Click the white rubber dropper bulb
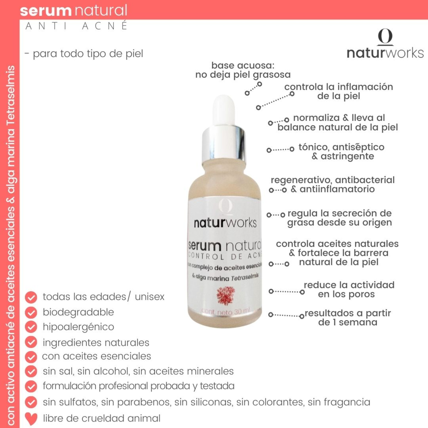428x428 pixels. tap(224, 110)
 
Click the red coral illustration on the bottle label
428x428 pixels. tap(225, 295)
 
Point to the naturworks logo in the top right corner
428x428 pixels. tap(385, 44)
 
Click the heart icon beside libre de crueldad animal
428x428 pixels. tap(31, 418)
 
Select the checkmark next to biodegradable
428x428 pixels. tap(31, 312)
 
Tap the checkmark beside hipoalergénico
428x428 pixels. tap(31, 327)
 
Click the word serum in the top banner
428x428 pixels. tap(46, 11)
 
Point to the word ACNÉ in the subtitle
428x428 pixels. tap(105, 26)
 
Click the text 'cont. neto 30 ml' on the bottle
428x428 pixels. tap(225, 311)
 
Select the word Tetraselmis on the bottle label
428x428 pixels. tap(245, 277)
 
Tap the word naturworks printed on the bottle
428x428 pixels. tap(225, 223)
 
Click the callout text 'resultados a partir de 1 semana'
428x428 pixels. tap(348, 318)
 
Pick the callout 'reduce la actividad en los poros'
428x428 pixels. tap(349, 290)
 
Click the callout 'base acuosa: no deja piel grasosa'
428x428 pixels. tap(243, 70)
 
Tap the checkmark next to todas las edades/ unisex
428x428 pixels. tap(31, 297)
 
